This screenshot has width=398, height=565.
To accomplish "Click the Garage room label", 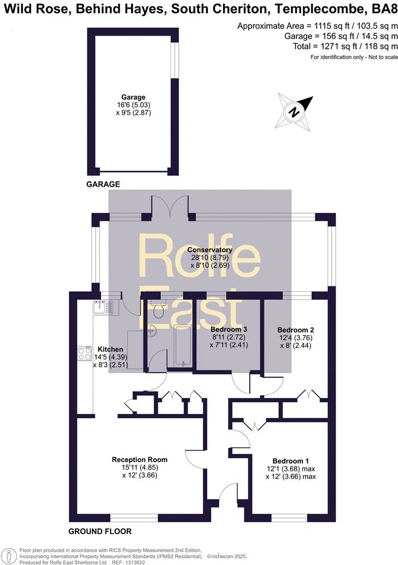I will point(133,97).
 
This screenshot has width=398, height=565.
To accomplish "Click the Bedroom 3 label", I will point(229,330).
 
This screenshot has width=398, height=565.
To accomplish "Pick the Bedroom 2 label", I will point(296,330).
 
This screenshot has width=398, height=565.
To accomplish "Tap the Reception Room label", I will point(139,459).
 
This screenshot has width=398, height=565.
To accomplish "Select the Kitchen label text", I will point(110,349).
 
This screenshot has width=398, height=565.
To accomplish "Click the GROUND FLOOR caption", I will point(100,532).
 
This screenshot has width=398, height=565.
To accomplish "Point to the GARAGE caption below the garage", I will point(103,185).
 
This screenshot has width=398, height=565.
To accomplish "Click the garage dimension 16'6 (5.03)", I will point(133,105).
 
